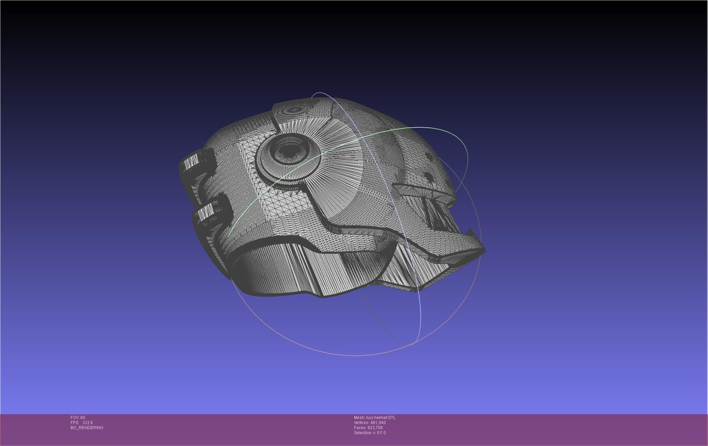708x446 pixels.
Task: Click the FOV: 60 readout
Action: point(78,418)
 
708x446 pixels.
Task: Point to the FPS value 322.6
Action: point(87,423)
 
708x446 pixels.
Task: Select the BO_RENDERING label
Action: point(87,428)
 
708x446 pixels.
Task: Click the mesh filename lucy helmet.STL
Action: point(381,418)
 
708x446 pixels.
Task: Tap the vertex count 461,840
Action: point(378,423)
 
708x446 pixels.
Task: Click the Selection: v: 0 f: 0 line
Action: point(370,433)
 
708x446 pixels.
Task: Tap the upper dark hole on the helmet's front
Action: point(428,156)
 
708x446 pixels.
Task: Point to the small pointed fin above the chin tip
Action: point(469,232)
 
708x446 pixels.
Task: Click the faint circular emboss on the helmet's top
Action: point(293,110)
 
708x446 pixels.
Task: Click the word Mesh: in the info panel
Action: point(359,418)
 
